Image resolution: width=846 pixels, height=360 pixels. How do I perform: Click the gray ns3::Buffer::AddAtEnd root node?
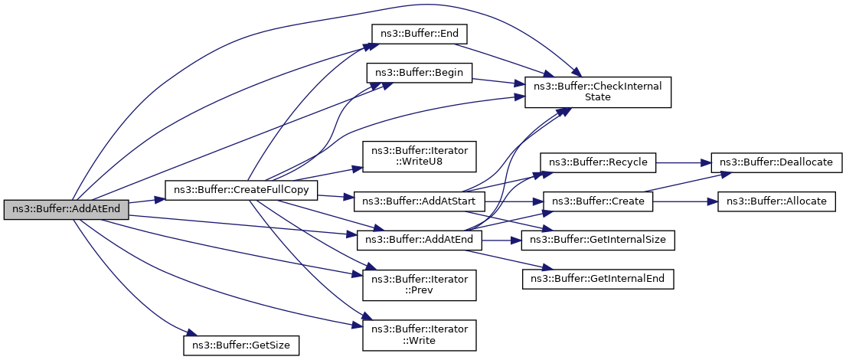click(66, 209)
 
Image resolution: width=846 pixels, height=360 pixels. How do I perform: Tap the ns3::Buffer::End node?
click(419, 34)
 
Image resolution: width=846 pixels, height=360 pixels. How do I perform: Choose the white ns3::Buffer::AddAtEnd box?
click(420, 240)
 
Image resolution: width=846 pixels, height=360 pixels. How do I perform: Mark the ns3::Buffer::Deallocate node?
click(776, 162)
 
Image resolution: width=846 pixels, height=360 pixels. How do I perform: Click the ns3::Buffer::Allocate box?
click(776, 201)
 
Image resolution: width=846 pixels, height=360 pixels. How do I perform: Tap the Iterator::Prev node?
click(420, 285)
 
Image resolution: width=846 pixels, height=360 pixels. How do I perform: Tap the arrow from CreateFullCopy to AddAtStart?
click(335, 197)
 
